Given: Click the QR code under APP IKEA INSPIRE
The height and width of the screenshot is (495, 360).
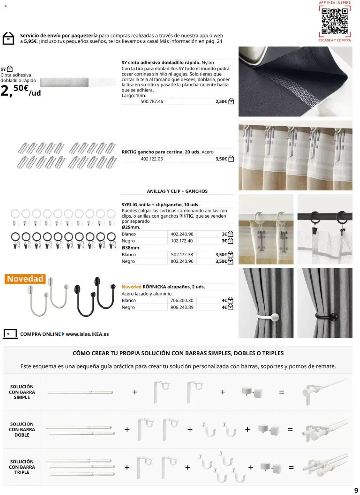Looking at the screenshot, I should point(334,21).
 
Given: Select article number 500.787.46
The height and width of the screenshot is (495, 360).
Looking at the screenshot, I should point(152,102).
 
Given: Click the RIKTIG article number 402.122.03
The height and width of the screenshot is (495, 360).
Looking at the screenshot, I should point(152,159).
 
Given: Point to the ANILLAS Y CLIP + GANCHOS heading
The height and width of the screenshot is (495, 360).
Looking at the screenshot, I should point(177,191).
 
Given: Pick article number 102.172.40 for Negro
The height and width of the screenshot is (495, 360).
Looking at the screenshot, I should point(182,241).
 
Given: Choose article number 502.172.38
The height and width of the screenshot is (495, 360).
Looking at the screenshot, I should point(182,255).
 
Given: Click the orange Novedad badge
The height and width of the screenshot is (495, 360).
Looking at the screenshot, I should point(25,279).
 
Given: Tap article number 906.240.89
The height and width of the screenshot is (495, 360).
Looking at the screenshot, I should point(182,307).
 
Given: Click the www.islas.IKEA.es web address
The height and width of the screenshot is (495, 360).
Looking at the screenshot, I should point(87,334).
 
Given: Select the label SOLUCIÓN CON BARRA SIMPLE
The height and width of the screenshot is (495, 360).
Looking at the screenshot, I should point(22,392).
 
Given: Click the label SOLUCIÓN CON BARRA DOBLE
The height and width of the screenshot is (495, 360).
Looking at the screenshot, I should point(22,429).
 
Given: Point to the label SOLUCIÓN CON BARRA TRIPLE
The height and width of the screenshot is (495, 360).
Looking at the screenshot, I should point(22,467).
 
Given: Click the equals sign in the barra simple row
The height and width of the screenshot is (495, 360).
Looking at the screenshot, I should point(282,392).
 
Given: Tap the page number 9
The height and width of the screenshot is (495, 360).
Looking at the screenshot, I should point(356,490).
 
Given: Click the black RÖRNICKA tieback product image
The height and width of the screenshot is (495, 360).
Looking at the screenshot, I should point(95,296).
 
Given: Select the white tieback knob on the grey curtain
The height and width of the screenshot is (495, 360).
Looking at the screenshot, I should point(274,318).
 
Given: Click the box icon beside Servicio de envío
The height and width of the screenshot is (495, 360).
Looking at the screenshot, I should point(8,38).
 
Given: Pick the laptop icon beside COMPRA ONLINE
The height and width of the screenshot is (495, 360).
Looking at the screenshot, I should point(10,334).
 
